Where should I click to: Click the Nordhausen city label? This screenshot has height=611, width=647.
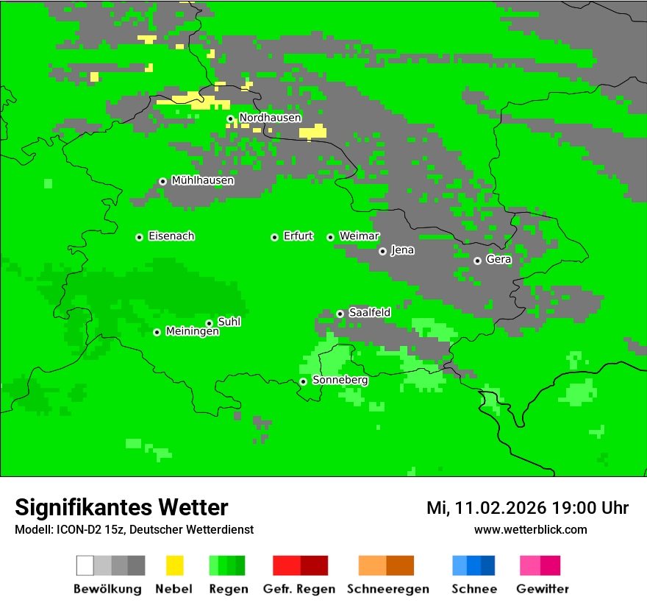(x=270, y=118)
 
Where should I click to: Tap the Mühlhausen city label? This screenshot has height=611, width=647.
(x=202, y=180)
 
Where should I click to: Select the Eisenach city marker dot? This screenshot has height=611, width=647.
(x=139, y=237)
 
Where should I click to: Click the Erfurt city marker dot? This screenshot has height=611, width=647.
(x=274, y=237)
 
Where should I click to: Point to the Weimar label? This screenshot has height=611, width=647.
(x=359, y=236)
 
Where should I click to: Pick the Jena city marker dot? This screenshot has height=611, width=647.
(x=382, y=251)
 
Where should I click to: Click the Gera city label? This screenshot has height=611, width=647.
(x=498, y=260)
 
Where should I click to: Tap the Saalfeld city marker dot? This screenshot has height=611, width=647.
(x=340, y=314)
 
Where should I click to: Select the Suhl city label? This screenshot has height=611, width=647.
(x=229, y=322)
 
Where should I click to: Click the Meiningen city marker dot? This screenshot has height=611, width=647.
(x=157, y=332)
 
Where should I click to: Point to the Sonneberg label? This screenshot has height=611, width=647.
(x=340, y=381)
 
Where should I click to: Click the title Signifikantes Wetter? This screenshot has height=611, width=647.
(x=121, y=508)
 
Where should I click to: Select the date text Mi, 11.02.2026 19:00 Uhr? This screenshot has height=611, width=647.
(x=527, y=508)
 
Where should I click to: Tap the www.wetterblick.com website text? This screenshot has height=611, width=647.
(x=530, y=529)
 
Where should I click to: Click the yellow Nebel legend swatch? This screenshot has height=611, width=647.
(x=174, y=565)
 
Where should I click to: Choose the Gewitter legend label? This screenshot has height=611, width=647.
(x=542, y=589)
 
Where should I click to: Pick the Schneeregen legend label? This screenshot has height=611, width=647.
(x=387, y=589)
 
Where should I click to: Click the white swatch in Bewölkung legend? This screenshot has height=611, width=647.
(x=85, y=565)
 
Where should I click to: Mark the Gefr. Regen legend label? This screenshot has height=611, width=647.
(x=299, y=589)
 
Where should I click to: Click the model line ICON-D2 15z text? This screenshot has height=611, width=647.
(x=134, y=529)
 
